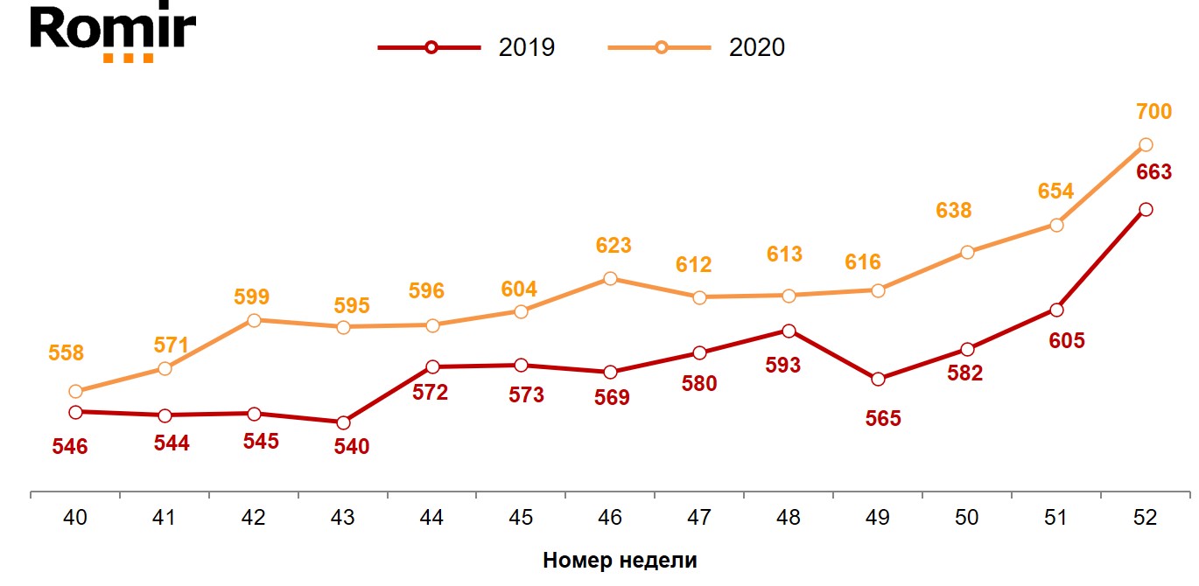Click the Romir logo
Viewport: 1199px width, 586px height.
coord(113,33)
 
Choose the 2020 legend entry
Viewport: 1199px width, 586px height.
coord(698,47)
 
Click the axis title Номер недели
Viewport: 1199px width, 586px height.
coord(620,561)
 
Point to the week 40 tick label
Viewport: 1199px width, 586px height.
coord(75,518)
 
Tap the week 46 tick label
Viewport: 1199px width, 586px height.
coord(610,518)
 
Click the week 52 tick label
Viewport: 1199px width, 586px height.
coord(1145,518)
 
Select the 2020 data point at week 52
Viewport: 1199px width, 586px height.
coord(1146,144)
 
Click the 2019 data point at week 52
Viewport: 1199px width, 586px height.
coord(1146,209)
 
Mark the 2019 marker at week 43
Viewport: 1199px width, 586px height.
coord(343,422)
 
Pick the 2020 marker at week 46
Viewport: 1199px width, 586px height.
coord(610,278)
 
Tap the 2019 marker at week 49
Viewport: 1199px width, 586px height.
coord(878,379)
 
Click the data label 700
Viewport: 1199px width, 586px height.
coord(1153,111)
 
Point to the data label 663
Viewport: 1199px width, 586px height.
coord(1153,172)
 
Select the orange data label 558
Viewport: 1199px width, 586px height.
coord(67,353)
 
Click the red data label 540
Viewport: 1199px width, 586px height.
coord(352,447)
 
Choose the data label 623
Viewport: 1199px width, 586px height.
coord(614,246)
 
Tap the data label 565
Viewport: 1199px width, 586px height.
coord(883,419)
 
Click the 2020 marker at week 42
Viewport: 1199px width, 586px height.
coord(254,320)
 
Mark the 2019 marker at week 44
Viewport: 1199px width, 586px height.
coord(432,366)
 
